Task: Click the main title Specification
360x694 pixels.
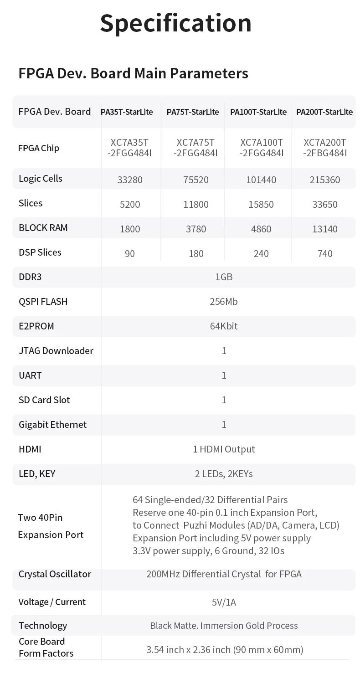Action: [175, 23]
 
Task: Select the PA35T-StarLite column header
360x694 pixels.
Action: [127, 112]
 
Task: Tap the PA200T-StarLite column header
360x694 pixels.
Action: [324, 112]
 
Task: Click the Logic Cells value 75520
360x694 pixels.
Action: [196, 180]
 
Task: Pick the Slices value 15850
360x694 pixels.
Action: [261, 204]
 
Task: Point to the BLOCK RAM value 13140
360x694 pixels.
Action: [325, 229]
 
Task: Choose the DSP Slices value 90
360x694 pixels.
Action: [130, 253]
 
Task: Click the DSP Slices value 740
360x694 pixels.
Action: [325, 253]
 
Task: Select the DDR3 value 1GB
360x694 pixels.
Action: [224, 277]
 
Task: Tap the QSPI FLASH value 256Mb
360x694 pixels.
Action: [224, 302]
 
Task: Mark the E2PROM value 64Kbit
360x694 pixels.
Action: [224, 326]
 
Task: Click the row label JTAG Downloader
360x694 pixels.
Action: [56, 351]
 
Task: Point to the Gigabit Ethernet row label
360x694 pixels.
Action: [52, 425]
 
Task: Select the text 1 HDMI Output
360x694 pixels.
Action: [224, 449]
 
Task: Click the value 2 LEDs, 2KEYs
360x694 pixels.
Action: [224, 474]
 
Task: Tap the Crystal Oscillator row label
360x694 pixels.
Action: [55, 574]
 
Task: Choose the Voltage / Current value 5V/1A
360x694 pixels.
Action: [224, 602]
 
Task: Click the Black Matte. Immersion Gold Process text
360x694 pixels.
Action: [224, 626]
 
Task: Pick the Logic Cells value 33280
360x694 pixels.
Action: [130, 180]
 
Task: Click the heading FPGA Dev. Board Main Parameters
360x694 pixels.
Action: [133, 73]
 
